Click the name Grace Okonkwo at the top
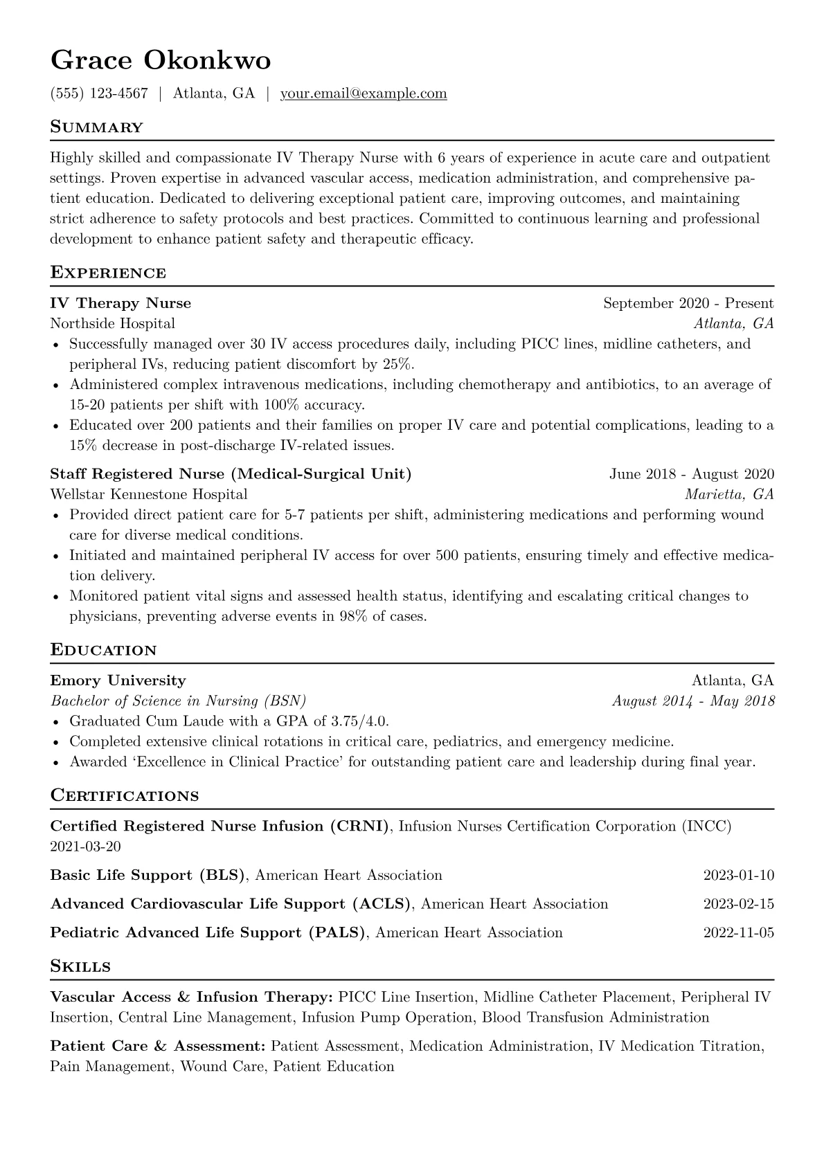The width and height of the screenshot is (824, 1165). pos(161,61)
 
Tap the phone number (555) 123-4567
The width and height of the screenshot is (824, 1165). pos(99,93)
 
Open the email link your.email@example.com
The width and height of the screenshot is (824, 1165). pos(364,93)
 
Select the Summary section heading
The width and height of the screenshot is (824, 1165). pos(97,127)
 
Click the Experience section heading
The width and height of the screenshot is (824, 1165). pos(108,273)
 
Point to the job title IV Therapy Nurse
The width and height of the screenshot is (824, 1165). pos(120,303)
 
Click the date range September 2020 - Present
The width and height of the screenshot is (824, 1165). pos(688,303)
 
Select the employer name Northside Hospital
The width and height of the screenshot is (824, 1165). pos(113,323)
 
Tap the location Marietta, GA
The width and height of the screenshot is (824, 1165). pos(729,494)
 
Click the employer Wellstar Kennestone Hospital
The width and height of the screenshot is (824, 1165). pos(149,494)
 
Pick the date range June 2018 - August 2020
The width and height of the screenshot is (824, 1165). pos(692,474)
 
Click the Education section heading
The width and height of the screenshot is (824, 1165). pos(104,650)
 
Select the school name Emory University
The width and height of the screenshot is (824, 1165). pos(118,680)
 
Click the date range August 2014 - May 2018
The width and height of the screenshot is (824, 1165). pos(693,701)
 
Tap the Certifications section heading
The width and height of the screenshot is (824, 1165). pos(125,795)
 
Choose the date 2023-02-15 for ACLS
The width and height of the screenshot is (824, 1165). pos(739,904)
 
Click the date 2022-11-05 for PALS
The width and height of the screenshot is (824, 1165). pos(739,932)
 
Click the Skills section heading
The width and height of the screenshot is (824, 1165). pos(80,966)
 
